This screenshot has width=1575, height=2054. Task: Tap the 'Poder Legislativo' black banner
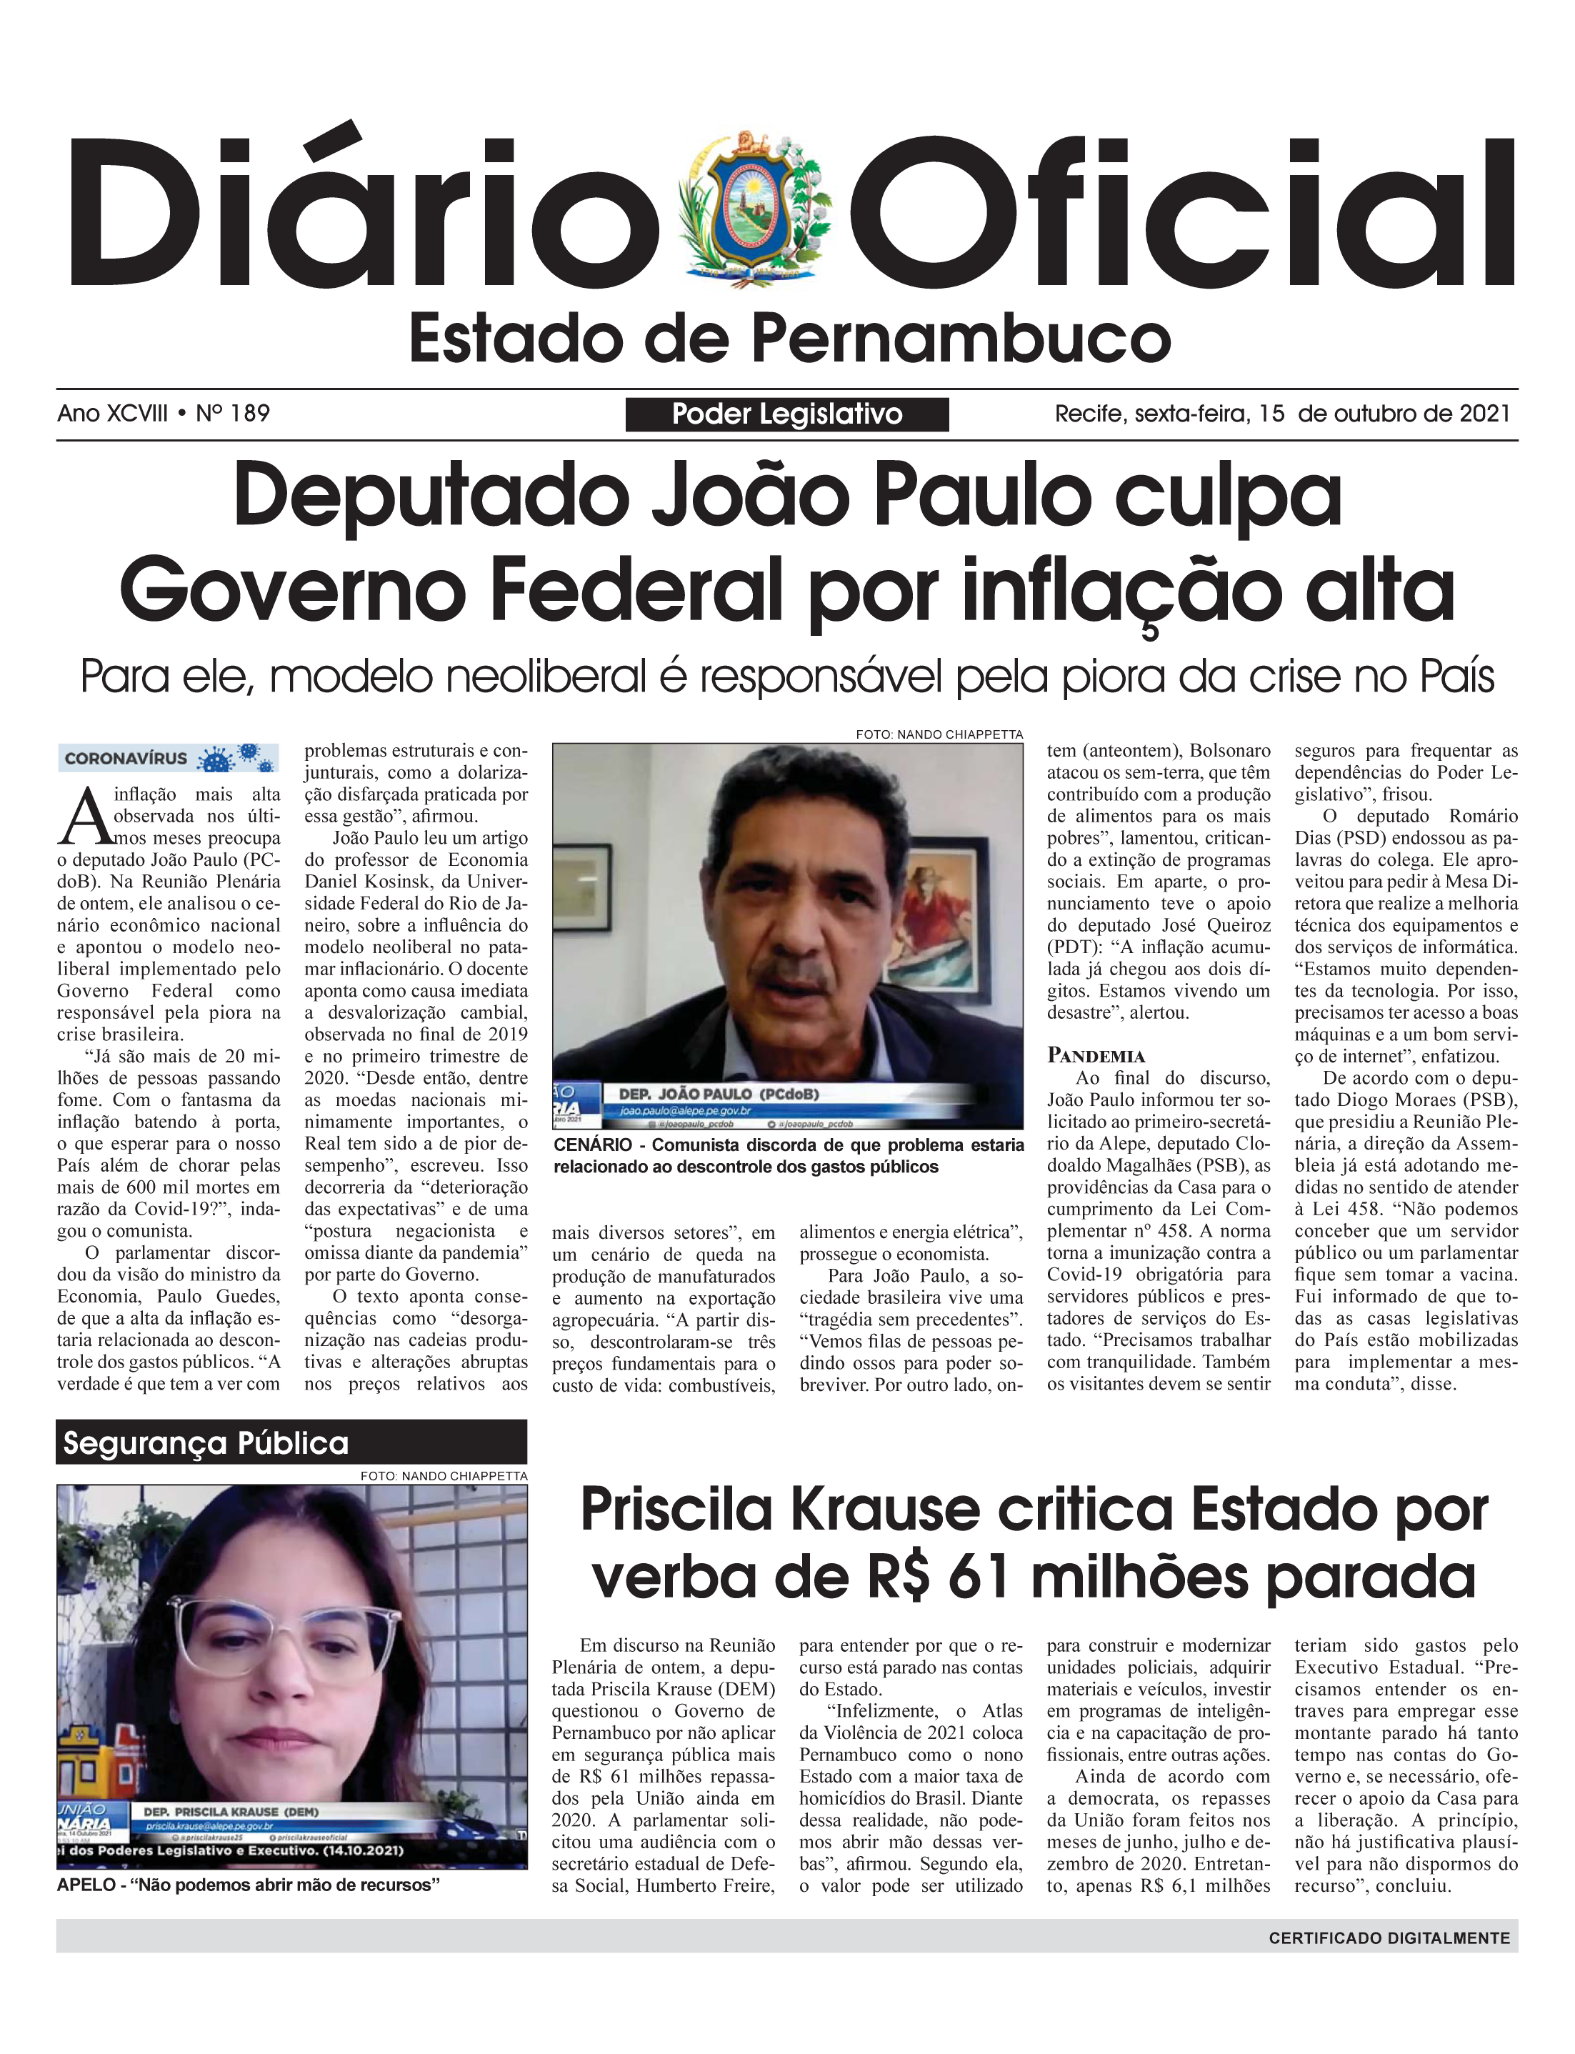pyautogui.click(x=786, y=414)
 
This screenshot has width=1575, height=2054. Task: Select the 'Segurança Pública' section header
pyautogui.click(x=206, y=1442)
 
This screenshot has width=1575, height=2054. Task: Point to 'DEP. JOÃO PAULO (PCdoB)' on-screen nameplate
pyautogui.click(x=718, y=1093)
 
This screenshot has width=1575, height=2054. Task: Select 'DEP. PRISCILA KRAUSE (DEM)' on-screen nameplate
pyautogui.click(x=231, y=1811)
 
